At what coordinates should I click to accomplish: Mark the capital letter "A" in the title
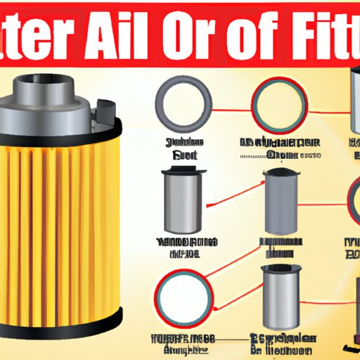coord(117,39)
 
